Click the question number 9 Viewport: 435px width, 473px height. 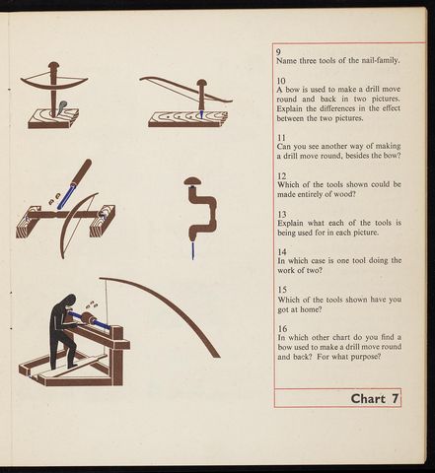278,51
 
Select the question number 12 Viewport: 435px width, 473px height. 281,176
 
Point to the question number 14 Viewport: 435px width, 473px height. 282,252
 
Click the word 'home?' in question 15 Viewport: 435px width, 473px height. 311,309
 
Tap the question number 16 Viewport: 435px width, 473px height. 282,328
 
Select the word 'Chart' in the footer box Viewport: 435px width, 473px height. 368,399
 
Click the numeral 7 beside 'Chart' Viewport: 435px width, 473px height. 395,399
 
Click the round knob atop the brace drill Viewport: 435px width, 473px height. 193,181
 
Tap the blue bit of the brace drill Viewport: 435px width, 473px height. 192,249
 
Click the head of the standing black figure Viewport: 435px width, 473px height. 70,301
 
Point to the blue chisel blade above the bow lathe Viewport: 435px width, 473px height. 66,196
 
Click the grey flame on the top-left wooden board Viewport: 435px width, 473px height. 62,107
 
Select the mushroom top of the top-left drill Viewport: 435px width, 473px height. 53,65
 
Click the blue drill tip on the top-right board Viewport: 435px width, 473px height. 201,115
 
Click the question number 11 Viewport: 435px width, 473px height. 281,138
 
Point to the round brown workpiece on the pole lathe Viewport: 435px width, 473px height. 88,318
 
